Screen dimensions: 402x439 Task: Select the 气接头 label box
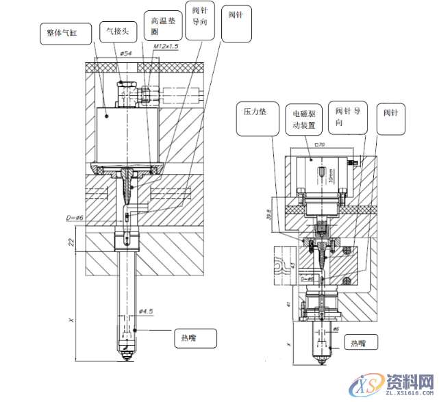pos(118,31)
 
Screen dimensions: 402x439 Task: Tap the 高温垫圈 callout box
pos(163,27)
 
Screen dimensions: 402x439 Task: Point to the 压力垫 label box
pos(256,111)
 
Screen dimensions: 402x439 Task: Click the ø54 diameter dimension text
pos(126,53)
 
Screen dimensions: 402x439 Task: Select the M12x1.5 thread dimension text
pos(166,46)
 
